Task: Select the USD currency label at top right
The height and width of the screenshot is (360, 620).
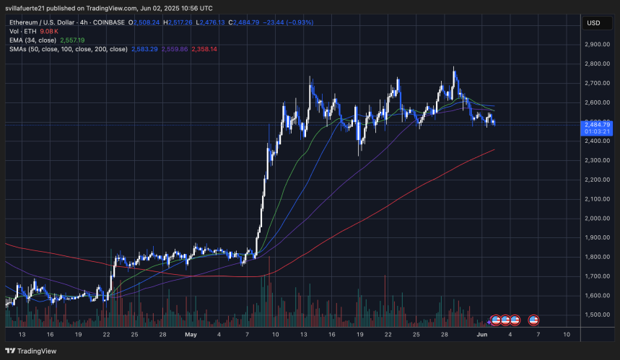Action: (x=594, y=22)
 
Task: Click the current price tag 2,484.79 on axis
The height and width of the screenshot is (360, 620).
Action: (x=601, y=124)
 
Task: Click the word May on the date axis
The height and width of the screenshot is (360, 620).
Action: (x=191, y=335)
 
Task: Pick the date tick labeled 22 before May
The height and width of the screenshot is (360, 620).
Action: (x=106, y=335)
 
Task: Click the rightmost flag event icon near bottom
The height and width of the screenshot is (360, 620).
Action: (x=534, y=320)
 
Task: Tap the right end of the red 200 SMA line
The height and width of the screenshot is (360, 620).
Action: (x=494, y=150)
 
